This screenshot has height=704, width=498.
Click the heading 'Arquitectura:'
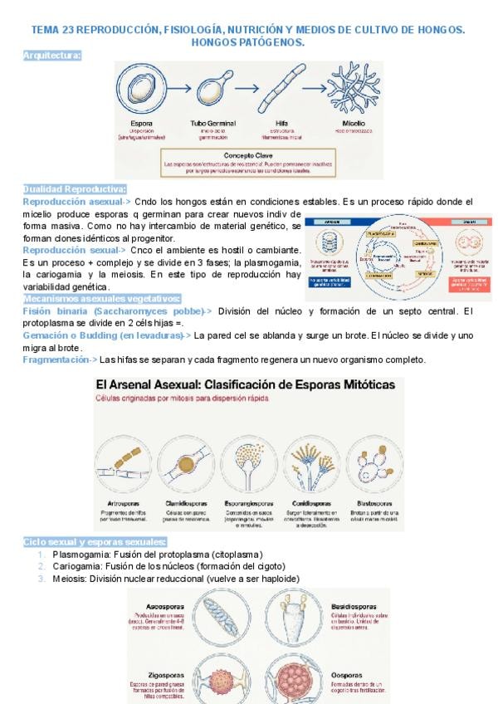52,55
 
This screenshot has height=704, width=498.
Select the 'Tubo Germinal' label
213,123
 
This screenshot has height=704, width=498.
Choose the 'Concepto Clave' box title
247,154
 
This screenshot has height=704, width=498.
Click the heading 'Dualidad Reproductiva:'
75,189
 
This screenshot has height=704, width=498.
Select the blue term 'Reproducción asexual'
72,202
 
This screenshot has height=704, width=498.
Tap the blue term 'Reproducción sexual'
71,250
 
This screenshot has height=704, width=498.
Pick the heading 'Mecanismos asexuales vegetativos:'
102,298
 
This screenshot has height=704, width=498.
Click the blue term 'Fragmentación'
56,359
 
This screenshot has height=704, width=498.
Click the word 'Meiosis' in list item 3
70,579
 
